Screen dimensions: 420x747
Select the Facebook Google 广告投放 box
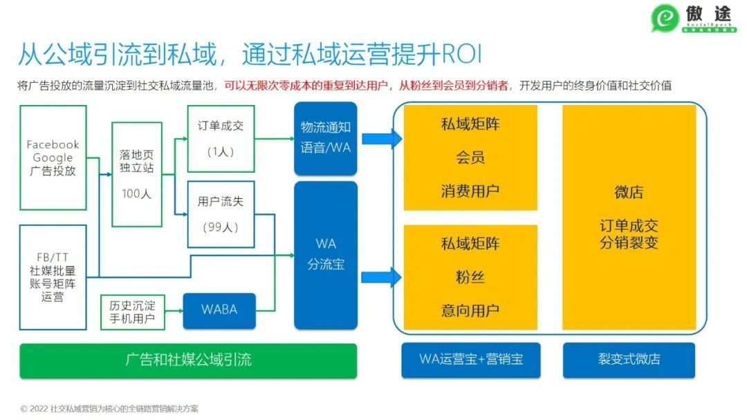[x=53, y=158]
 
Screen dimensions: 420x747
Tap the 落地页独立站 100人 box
[x=137, y=174]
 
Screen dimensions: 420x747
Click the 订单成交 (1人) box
[x=221, y=139]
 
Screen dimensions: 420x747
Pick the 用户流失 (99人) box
[x=221, y=213]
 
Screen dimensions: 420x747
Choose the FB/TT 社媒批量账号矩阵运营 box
[x=53, y=276]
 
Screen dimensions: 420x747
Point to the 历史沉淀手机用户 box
[x=132, y=312]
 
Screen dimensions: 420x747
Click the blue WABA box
[x=219, y=310]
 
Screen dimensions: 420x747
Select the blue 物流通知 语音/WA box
[x=326, y=137]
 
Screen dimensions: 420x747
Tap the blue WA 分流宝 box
[x=326, y=254]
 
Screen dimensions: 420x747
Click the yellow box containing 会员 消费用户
[x=470, y=157]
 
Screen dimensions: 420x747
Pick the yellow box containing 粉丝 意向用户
[x=470, y=277]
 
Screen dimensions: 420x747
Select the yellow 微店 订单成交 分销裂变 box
[x=629, y=218]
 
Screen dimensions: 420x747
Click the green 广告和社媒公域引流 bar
[x=188, y=360]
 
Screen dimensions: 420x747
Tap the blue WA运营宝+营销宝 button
[x=471, y=360]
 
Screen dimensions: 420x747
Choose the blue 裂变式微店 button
[x=629, y=360]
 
